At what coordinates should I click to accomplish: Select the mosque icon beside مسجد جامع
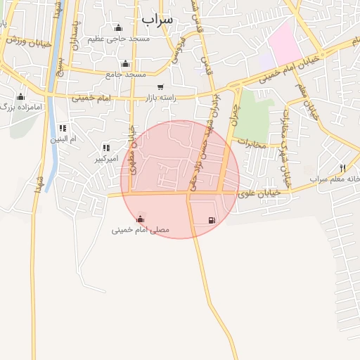pyautogui.click(x=125, y=64)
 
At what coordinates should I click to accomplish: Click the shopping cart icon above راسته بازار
pyautogui.click(x=160, y=87)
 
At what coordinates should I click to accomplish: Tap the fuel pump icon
pyautogui.click(x=212, y=220)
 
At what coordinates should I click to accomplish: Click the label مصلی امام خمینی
pyautogui.click(x=141, y=230)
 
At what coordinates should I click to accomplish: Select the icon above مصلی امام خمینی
pyautogui.click(x=141, y=218)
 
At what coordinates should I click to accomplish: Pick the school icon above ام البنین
pyautogui.click(x=63, y=128)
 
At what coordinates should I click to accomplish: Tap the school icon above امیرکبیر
pyautogui.click(x=106, y=148)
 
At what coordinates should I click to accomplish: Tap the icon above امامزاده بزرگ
pyautogui.click(x=20, y=96)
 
